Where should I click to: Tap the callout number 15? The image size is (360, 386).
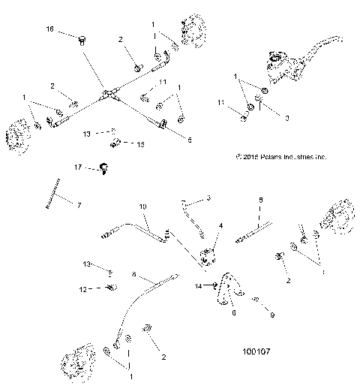[x=142, y=143]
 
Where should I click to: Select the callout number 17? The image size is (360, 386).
[x=77, y=166]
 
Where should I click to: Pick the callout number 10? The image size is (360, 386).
[x=143, y=206]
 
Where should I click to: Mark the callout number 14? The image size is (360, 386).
[x=199, y=286]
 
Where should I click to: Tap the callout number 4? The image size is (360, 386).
[x=220, y=225]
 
